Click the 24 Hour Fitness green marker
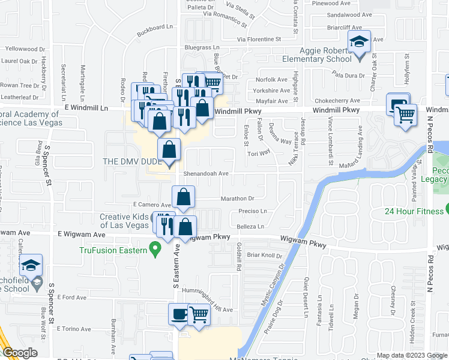(448, 210)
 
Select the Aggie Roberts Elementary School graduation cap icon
(360, 43)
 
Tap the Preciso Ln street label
(252, 211)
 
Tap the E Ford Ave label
(72, 297)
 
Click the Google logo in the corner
(20, 353)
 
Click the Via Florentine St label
(259, 40)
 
